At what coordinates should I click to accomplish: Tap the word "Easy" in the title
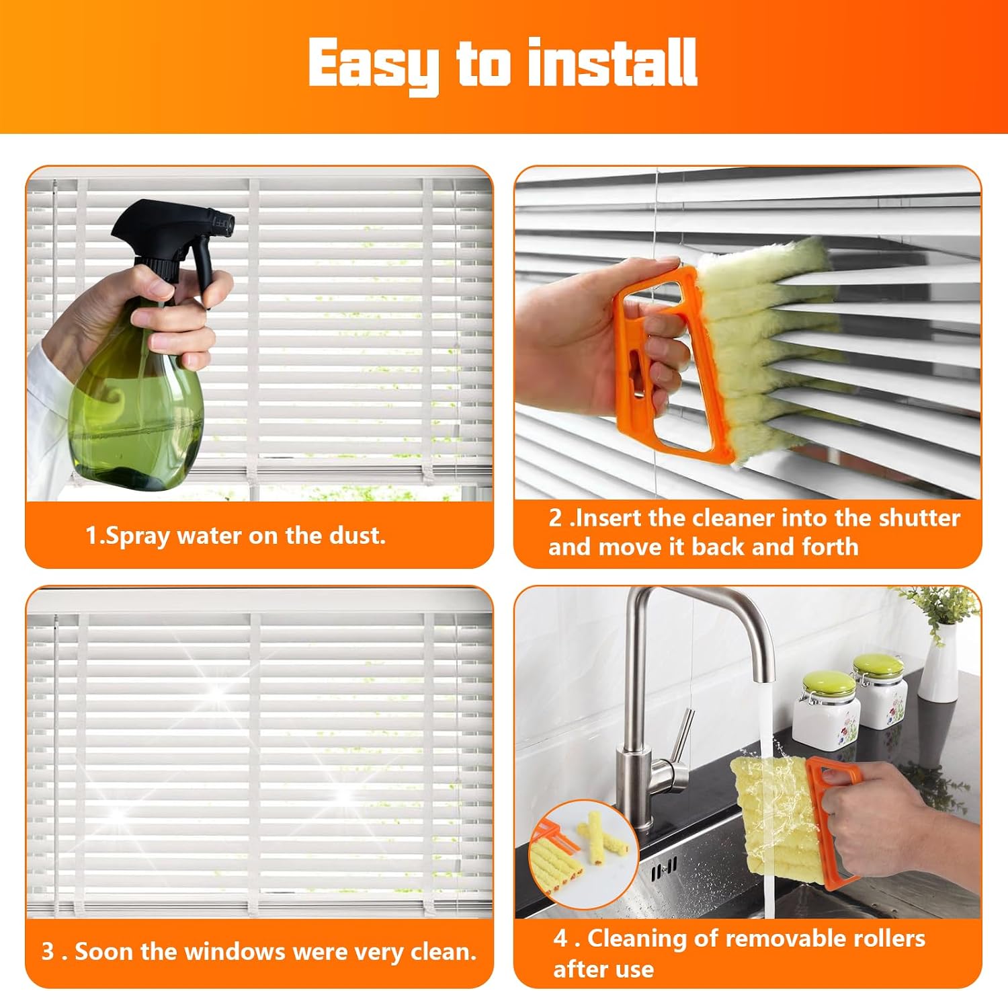point(374,66)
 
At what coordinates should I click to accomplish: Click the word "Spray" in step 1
point(137,537)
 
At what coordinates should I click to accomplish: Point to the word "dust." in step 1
point(358,535)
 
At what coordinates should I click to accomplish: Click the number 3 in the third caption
point(48,951)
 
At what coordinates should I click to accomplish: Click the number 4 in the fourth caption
point(560,939)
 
